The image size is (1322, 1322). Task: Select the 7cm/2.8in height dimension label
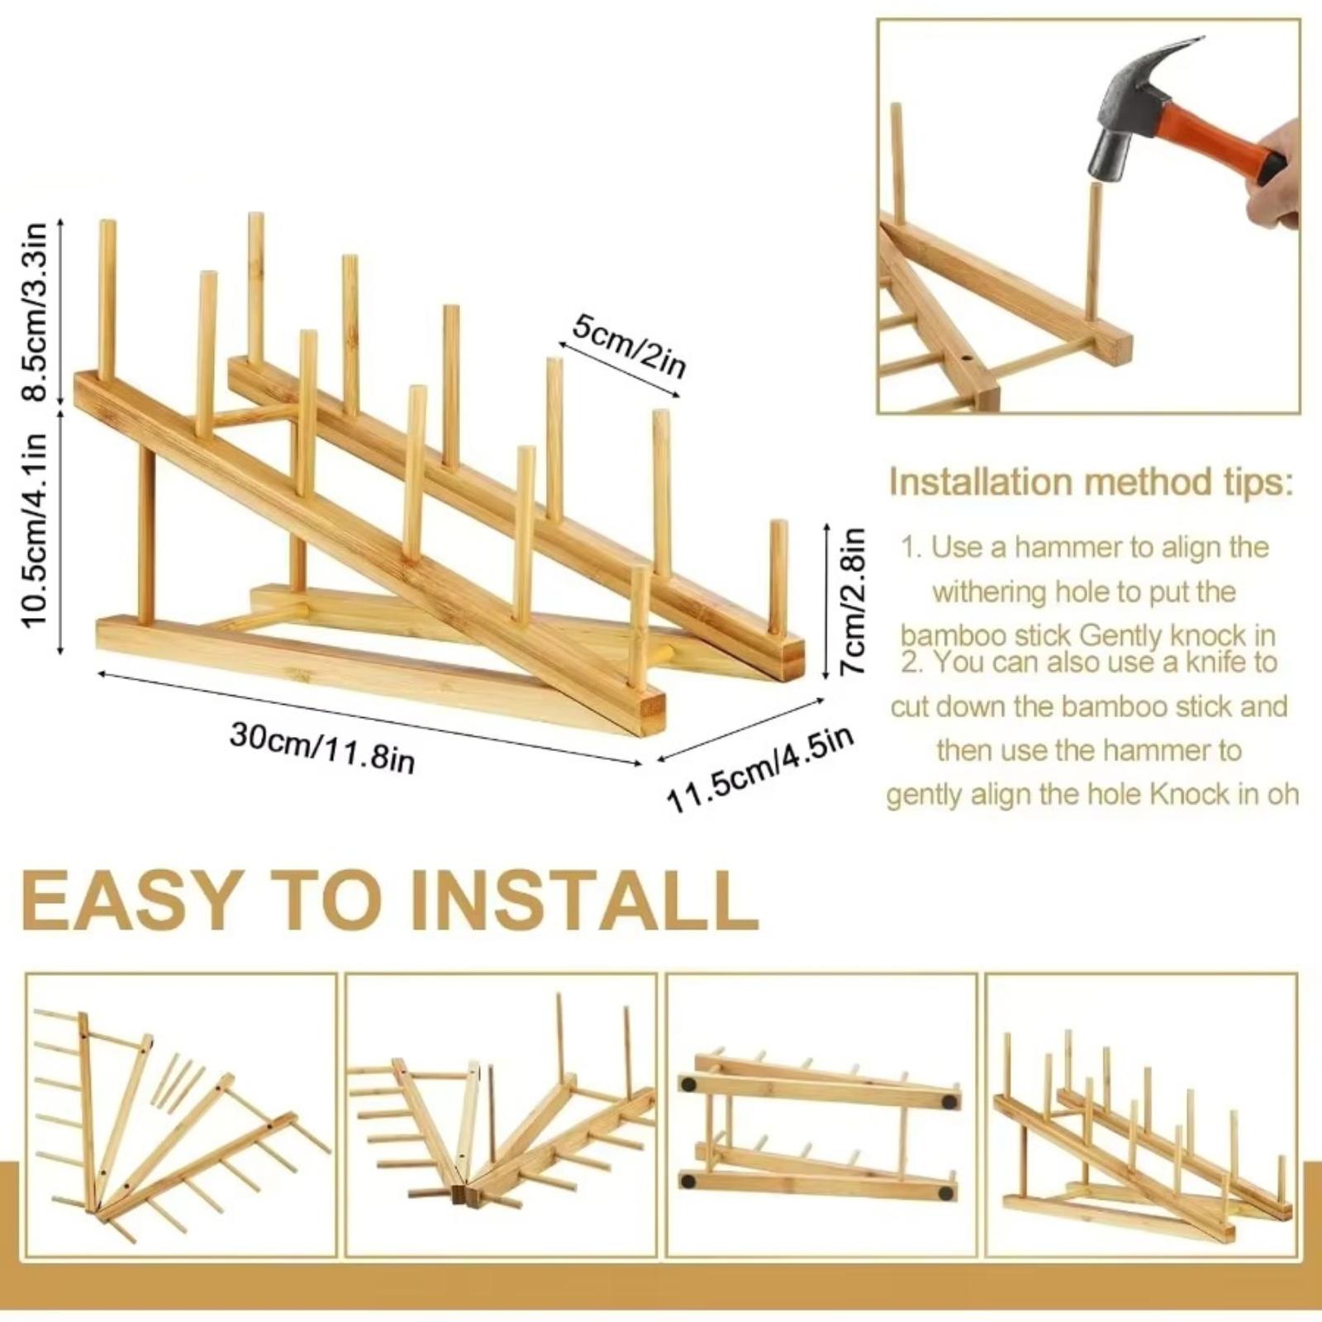click(x=854, y=601)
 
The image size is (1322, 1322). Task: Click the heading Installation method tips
click(x=1090, y=483)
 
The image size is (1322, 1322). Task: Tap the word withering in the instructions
click(x=990, y=592)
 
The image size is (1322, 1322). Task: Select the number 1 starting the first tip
click(x=910, y=547)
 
